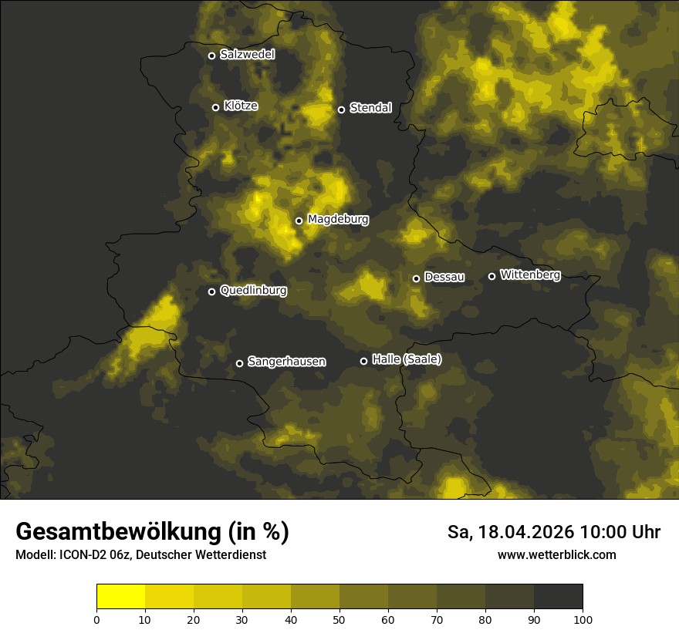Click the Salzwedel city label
click(x=247, y=55)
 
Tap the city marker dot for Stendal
click(x=341, y=109)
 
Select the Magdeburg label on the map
click(x=338, y=220)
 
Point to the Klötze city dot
click(x=216, y=107)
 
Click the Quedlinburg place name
click(x=253, y=291)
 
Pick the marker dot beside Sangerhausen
click(x=239, y=363)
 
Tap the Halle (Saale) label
click(x=407, y=359)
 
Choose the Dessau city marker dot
click(x=416, y=278)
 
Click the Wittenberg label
click(x=530, y=275)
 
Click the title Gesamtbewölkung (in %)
click(x=152, y=532)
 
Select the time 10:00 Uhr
click(x=620, y=532)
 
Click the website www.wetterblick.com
click(x=557, y=555)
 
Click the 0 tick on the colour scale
click(x=96, y=619)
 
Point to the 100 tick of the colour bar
click(x=583, y=619)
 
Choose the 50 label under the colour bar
click(x=339, y=619)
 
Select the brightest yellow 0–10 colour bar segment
click(x=120, y=597)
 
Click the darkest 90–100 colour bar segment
click(x=558, y=597)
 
